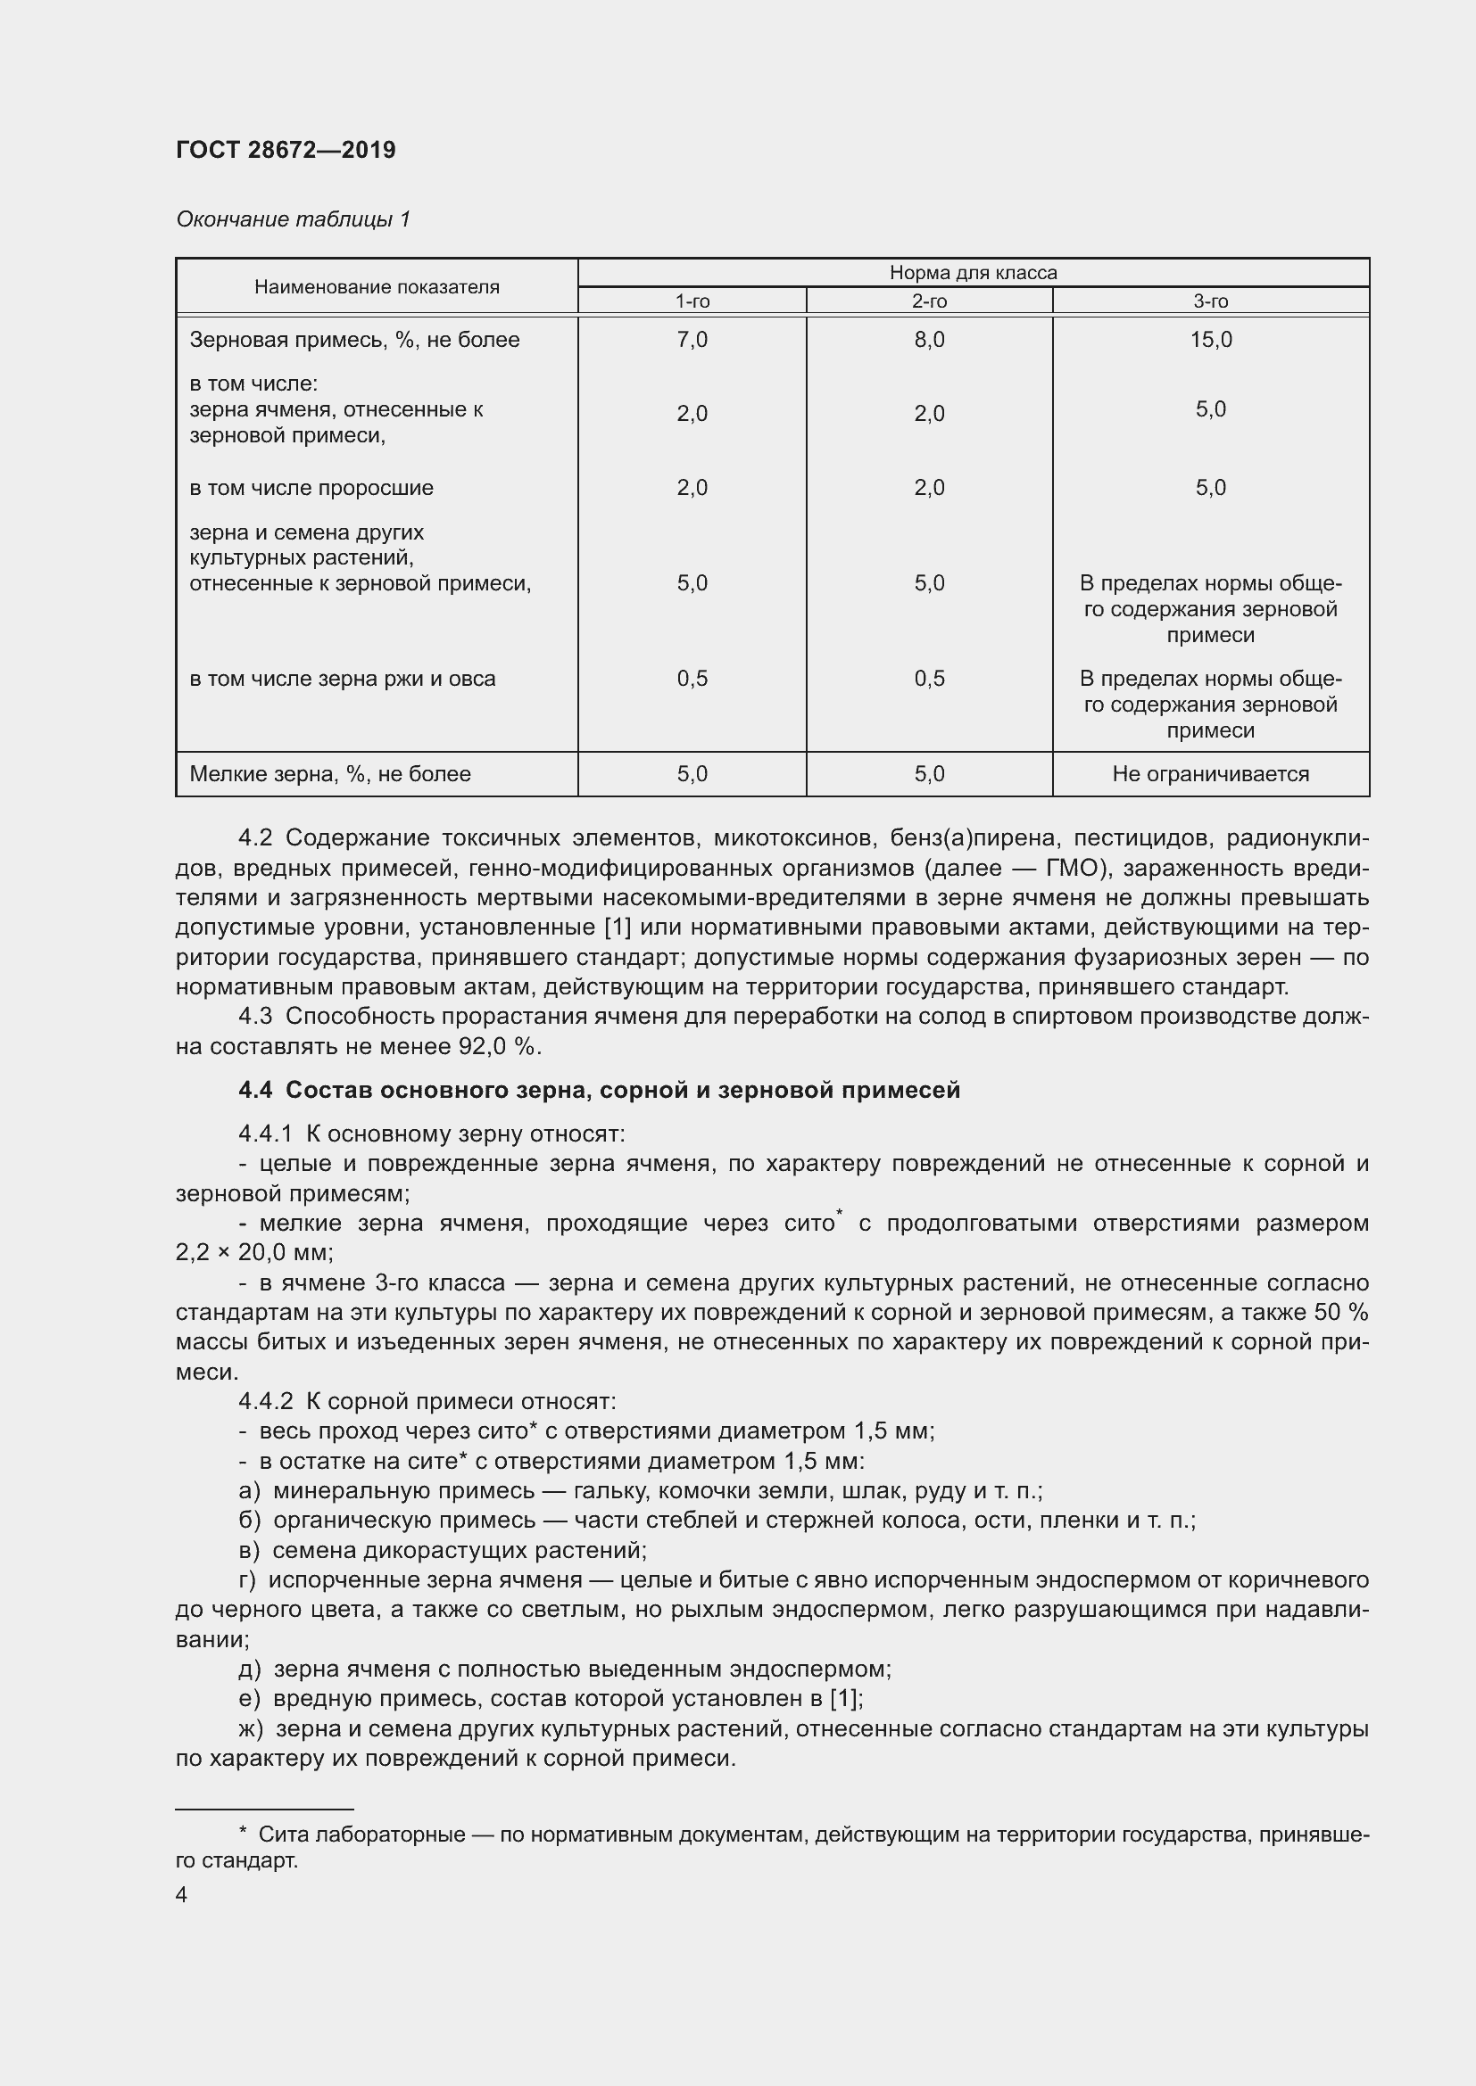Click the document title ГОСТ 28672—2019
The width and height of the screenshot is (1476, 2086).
click(x=286, y=150)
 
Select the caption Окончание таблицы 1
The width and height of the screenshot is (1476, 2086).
click(x=293, y=219)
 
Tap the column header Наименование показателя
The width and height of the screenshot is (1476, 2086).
click(x=377, y=287)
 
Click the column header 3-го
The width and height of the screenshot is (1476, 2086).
click(x=1210, y=301)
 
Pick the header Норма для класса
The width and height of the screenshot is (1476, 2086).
click(x=973, y=273)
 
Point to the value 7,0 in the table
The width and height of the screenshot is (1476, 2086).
click(x=692, y=340)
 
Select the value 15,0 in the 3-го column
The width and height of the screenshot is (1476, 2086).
click(x=1210, y=340)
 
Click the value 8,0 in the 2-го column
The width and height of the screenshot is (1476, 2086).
click(x=929, y=340)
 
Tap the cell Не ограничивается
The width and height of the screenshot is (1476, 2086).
click(x=1210, y=774)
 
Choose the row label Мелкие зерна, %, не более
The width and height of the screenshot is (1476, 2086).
click(x=330, y=774)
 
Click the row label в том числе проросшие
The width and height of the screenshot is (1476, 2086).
click(x=311, y=488)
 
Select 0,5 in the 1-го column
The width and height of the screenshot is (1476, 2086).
click(x=692, y=679)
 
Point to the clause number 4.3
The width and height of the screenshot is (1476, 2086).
click(x=254, y=1017)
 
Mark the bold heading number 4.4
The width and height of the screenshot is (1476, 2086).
click(x=254, y=1090)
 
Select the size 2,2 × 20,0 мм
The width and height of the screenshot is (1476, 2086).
click(x=253, y=1253)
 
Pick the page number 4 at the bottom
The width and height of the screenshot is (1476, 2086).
click(x=181, y=1894)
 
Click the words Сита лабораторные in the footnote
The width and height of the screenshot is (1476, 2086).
click(x=361, y=1835)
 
